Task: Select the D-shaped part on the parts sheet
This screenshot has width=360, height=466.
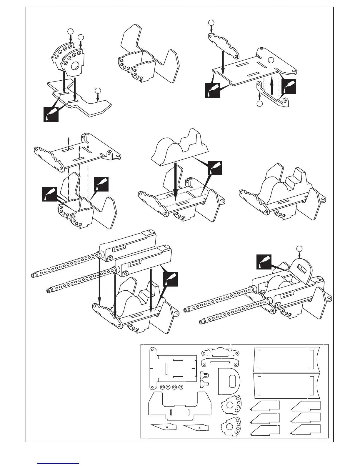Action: (228, 381)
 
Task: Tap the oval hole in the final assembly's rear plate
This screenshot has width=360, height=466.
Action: (301, 269)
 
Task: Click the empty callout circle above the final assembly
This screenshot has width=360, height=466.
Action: (299, 248)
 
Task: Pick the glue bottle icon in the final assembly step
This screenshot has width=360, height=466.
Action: (264, 262)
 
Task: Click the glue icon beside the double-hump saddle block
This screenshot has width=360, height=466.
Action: (214, 168)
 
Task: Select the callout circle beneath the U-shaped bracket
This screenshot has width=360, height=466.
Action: (259, 104)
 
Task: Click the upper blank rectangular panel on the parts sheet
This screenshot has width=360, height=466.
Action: (285, 359)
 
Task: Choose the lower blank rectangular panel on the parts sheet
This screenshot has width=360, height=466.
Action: (285, 386)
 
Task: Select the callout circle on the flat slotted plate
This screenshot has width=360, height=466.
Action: (271, 60)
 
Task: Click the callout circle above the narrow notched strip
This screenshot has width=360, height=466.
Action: (211, 22)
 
